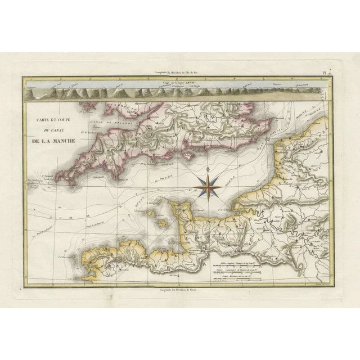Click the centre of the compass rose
[x=208, y=185]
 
